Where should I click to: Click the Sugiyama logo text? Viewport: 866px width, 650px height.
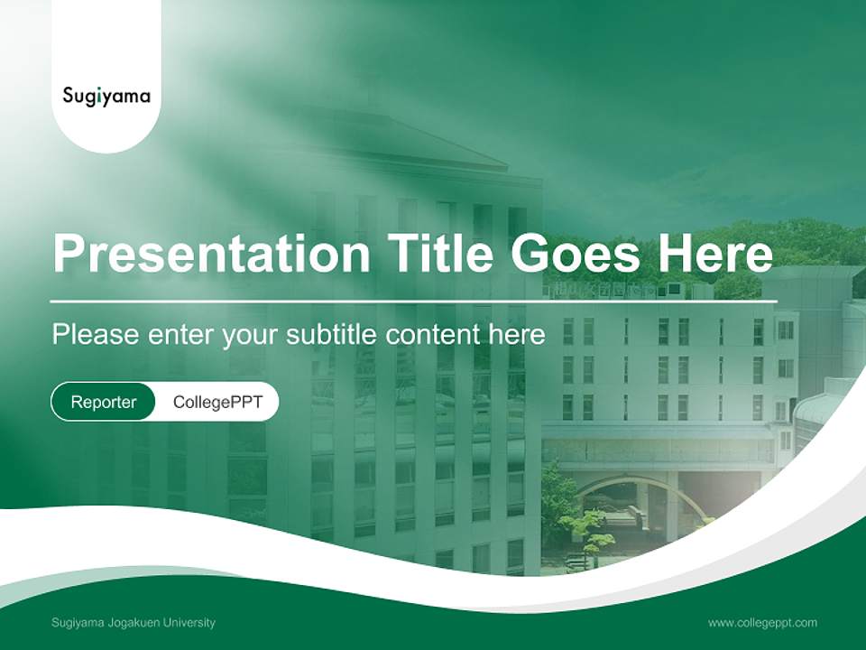point(106,96)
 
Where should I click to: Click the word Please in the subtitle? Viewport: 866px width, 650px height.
point(93,335)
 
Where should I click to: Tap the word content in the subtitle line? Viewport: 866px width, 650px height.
point(432,335)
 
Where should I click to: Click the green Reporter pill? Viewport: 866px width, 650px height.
point(103,402)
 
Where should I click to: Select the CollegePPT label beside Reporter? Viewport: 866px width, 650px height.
point(217,402)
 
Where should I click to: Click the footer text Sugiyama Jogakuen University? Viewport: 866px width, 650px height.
point(134,622)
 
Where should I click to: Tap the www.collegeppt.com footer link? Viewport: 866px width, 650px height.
point(762,622)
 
